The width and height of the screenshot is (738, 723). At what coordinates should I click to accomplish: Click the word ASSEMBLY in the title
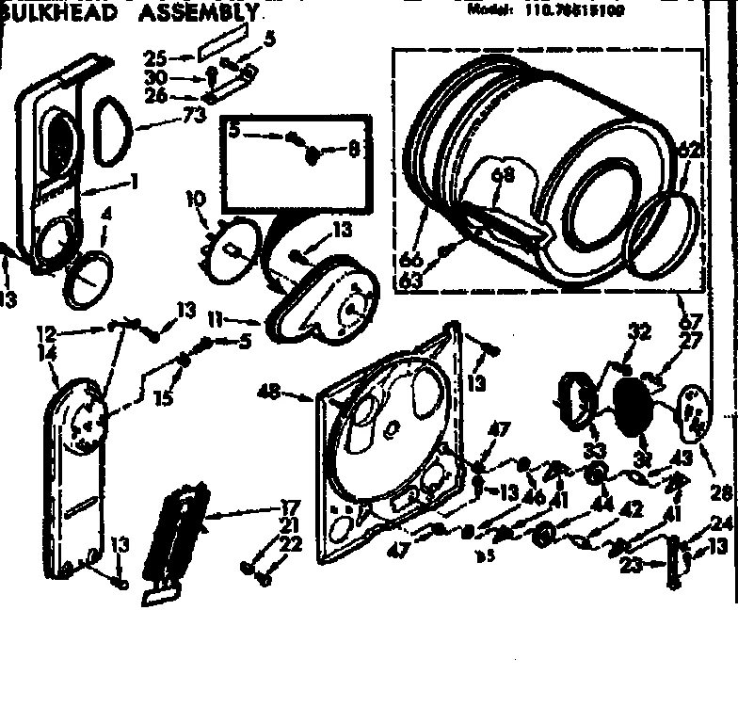[199, 12]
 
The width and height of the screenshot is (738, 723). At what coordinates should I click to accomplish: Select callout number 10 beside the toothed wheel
[195, 200]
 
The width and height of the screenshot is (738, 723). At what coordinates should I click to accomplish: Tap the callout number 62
[690, 148]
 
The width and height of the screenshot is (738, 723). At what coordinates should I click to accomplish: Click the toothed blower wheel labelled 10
[230, 248]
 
